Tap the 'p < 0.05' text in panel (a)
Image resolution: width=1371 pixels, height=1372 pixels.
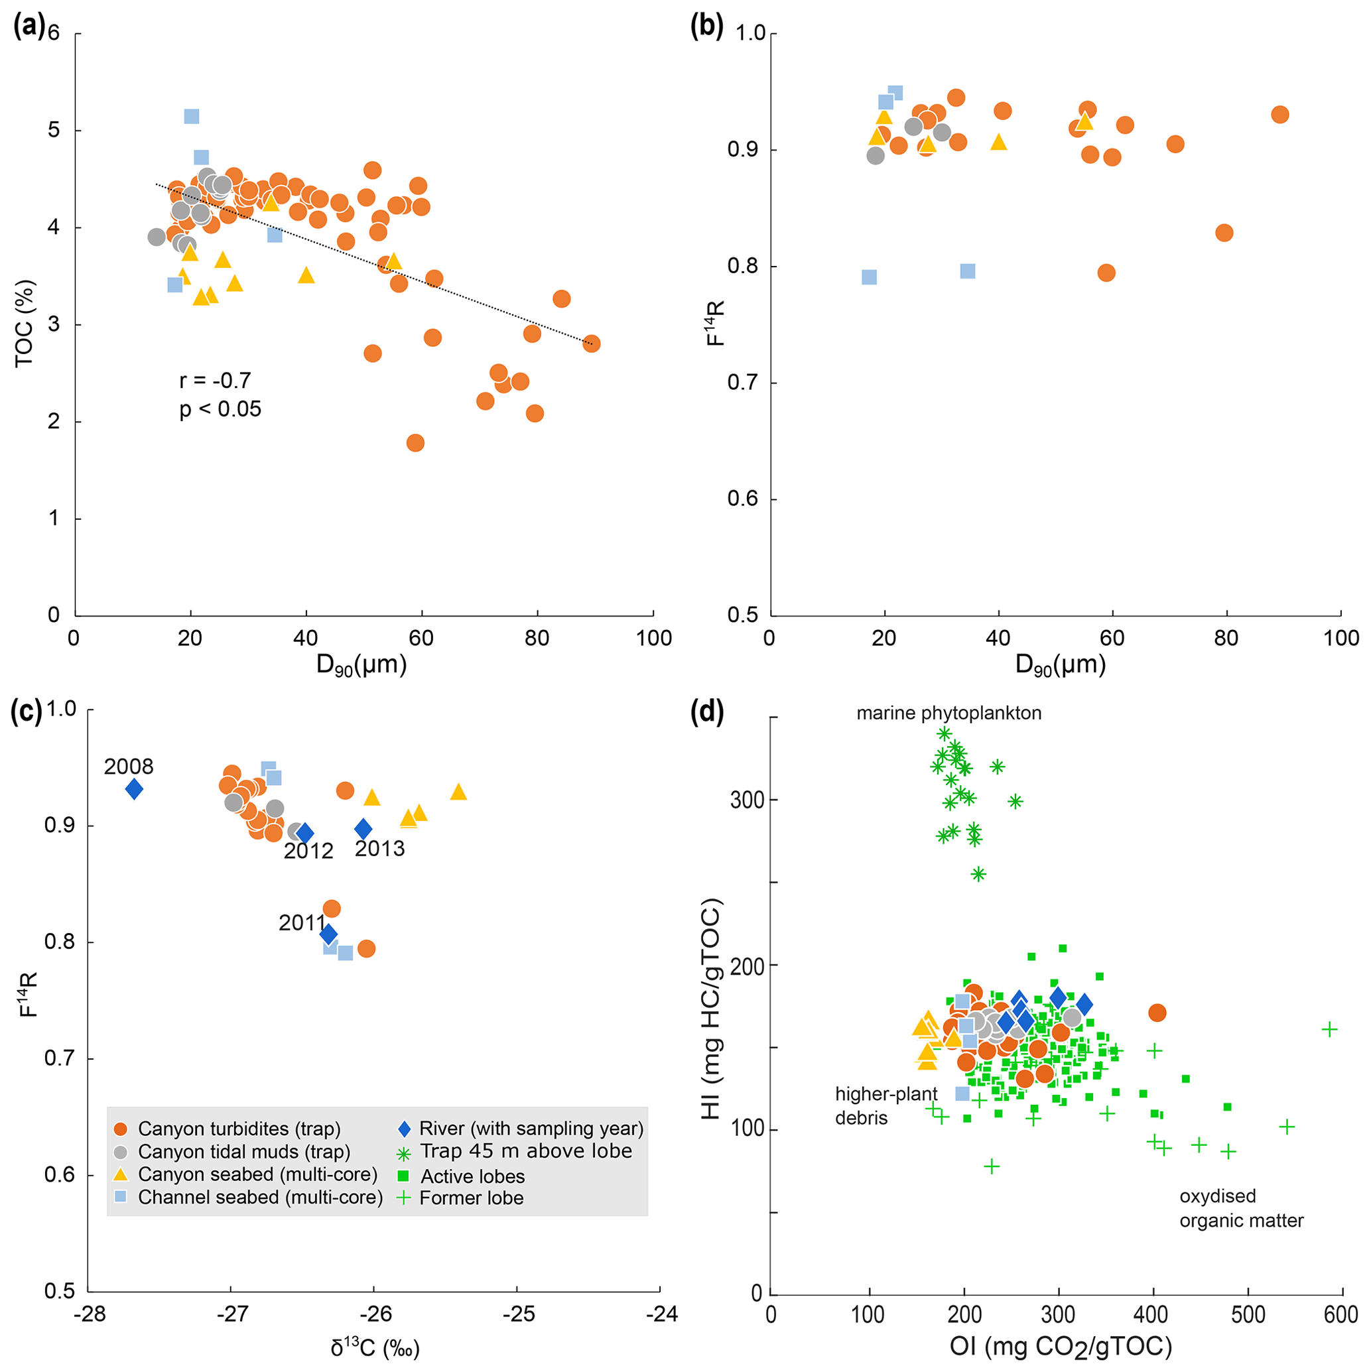click(x=220, y=409)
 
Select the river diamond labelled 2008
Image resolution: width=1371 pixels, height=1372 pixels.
click(x=134, y=789)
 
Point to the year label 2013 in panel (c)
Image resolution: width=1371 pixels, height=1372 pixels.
click(x=379, y=849)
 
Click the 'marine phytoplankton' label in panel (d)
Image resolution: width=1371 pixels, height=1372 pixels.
click(x=948, y=713)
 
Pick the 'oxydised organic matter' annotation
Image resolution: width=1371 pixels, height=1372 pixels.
click(x=1241, y=1208)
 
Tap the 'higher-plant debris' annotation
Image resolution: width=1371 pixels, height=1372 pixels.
click(x=886, y=1105)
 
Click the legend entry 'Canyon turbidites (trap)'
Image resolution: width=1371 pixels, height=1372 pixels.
click(x=239, y=1129)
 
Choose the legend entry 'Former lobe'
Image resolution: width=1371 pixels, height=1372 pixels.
click(x=471, y=1198)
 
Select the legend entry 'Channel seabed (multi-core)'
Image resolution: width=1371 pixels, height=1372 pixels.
click(x=260, y=1198)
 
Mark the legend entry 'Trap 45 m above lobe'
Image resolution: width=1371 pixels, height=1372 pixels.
click(x=526, y=1151)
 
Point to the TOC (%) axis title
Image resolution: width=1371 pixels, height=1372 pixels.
click(x=24, y=323)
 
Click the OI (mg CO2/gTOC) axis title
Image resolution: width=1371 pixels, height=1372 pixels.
click(x=1060, y=1346)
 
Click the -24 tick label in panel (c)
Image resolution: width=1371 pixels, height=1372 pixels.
click(x=662, y=1314)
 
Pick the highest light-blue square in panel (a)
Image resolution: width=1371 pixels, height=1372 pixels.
click(x=192, y=117)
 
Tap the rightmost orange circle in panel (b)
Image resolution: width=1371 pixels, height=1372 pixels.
click(x=1280, y=115)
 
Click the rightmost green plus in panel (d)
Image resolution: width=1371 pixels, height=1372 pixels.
click(x=1329, y=1030)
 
